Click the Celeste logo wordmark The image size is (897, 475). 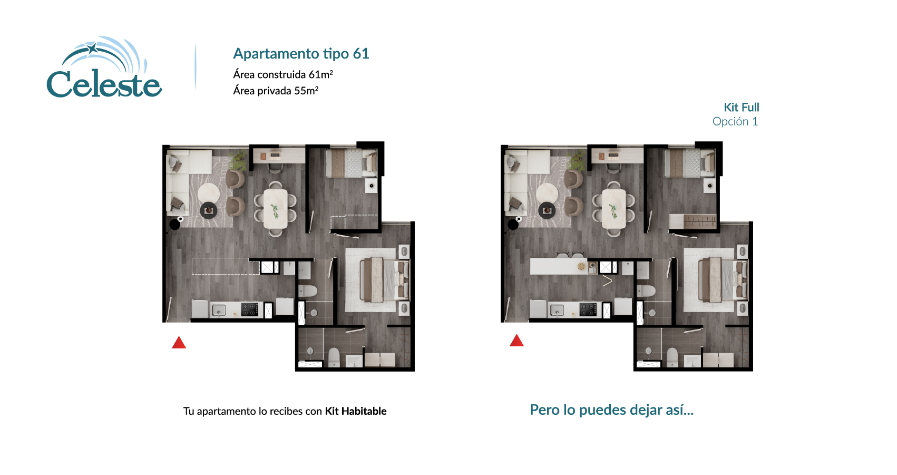coord(104,84)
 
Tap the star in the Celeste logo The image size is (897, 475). coord(93,49)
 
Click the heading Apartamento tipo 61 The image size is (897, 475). coord(301,54)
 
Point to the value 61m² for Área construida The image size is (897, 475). coord(320,74)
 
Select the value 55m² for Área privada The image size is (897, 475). coord(306,91)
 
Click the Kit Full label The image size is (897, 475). coord(741,108)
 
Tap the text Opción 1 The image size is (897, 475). coord(735,122)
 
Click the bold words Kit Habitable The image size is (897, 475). coord(356,411)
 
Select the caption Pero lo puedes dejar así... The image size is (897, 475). coord(611,410)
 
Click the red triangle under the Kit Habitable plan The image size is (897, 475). coord(179,343)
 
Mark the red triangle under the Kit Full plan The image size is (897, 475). coord(516,341)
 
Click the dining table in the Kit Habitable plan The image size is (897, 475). coord(275,209)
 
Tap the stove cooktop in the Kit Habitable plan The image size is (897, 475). coord(250,309)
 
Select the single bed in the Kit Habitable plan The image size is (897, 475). coord(350,163)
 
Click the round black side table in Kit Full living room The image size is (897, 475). coord(547,211)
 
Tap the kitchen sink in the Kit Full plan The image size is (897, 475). coord(557,311)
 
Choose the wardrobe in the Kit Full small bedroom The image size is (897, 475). coord(693,221)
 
